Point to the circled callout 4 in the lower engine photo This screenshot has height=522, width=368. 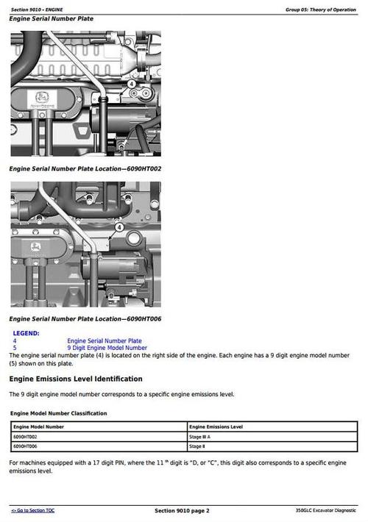(x=118, y=228)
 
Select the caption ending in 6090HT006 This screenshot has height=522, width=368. (x=85, y=319)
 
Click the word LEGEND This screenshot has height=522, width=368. (x=26, y=333)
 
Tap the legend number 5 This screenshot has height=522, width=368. (x=15, y=348)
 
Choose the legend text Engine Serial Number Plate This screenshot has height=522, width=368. (x=105, y=341)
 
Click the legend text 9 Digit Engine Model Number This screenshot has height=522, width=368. (x=107, y=348)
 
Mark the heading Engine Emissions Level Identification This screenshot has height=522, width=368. (x=75, y=379)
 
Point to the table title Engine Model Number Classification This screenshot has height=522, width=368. (x=58, y=413)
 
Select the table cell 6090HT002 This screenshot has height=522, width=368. (x=26, y=437)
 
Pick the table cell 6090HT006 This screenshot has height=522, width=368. (x=26, y=446)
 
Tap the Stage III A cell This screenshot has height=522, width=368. (x=200, y=437)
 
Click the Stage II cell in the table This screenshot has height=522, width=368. (x=197, y=446)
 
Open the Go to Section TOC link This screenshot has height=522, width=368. (x=32, y=510)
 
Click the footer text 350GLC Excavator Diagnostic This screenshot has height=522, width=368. (x=325, y=510)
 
